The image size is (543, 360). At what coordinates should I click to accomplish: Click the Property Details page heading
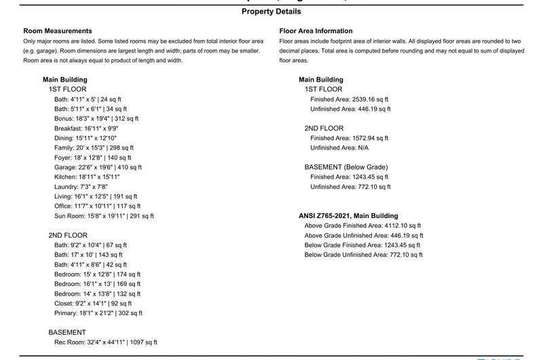pyautogui.click(x=271, y=12)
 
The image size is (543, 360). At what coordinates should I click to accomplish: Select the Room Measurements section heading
pyautogui.click(x=58, y=31)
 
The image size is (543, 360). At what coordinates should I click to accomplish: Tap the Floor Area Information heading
pyautogui.click(x=316, y=31)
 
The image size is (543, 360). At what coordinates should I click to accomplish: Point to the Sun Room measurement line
pyautogui.click(x=104, y=216)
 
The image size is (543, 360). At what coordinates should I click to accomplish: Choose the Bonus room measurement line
pyautogui.click(x=96, y=118)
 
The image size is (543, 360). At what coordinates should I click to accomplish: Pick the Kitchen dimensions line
pyautogui.click(x=86, y=177)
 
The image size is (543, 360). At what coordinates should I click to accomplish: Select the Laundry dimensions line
pyautogui.click(x=81, y=187)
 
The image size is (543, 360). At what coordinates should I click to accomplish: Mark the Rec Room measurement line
pyautogui.click(x=106, y=342)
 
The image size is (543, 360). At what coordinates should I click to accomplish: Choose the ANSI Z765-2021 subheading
pyautogui.click(x=348, y=216)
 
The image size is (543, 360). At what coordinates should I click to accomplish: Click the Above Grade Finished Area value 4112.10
pyautogui.click(x=403, y=226)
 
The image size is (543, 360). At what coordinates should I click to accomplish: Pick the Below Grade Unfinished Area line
pyautogui.click(x=363, y=255)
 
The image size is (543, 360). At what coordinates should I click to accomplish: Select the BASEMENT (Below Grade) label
pyautogui.click(x=345, y=167)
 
